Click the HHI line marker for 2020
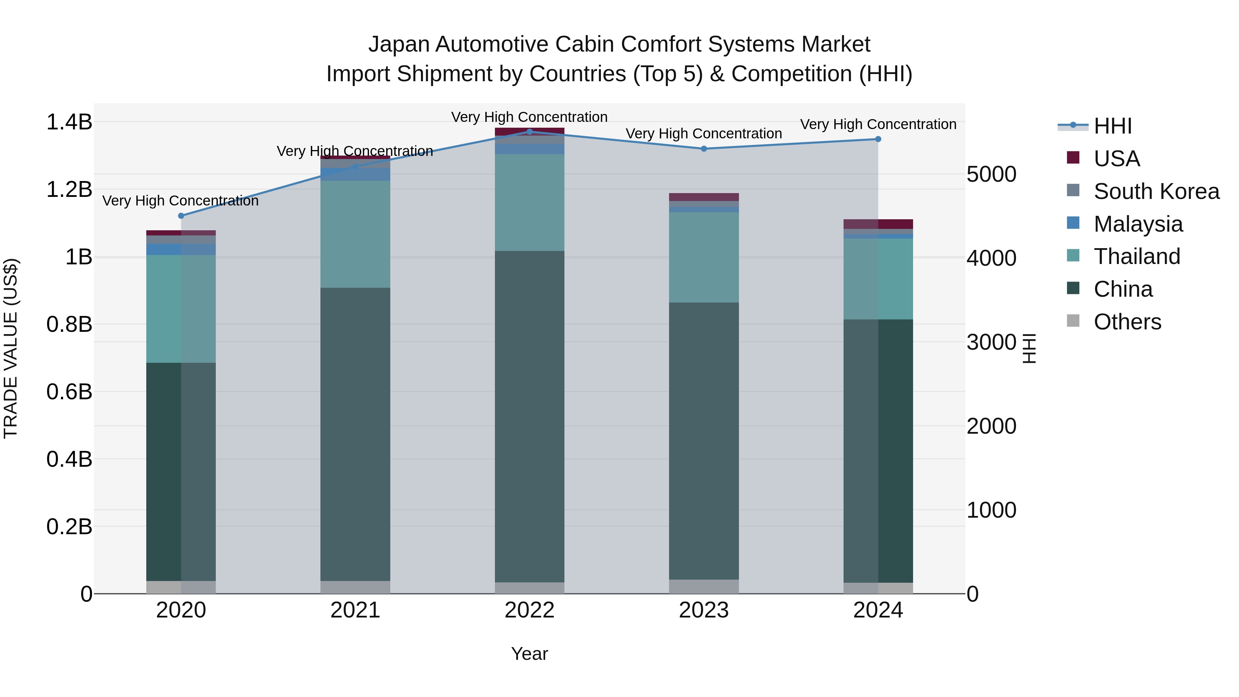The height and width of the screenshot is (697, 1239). [x=181, y=216]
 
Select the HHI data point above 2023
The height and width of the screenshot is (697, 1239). [x=704, y=149]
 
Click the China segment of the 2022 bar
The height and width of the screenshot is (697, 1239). [x=530, y=416]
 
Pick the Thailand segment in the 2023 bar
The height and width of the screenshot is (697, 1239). [x=704, y=257]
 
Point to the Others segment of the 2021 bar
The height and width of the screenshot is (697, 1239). [x=356, y=587]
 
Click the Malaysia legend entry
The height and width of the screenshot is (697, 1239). [x=1138, y=224]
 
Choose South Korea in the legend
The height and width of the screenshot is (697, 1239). [x=1156, y=191]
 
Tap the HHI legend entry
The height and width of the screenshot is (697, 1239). [x=1112, y=126]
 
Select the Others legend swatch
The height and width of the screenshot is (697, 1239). [x=1073, y=321]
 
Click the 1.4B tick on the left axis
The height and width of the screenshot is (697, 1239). [x=69, y=122]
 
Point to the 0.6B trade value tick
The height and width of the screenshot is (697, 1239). [x=69, y=392]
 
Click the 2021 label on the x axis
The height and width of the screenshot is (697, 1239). [x=356, y=610]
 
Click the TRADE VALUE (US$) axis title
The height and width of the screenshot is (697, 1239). [x=11, y=348]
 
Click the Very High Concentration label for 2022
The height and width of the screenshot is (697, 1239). [x=530, y=117]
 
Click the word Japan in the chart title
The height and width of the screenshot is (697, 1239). [x=399, y=44]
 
